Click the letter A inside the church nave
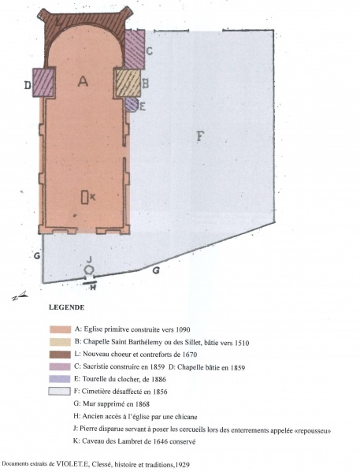[x=83, y=81]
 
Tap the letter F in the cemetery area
[x=200, y=136]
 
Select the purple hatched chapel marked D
[x=44, y=83]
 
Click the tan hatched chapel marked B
[x=128, y=84]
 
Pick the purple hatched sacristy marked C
[x=135, y=50]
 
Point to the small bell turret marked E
[x=132, y=105]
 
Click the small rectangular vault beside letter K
[x=84, y=197]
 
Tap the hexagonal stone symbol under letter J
[x=89, y=269]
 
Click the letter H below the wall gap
[x=93, y=288]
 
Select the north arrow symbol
[x=20, y=296]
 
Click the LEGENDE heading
[x=66, y=307]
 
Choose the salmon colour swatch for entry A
[x=60, y=329]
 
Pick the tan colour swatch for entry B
[x=60, y=342]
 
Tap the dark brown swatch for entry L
[x=60, y=355]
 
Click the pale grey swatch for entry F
[x=60, y=392]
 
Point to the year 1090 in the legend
[x=183, y=329]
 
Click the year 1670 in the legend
[x=190, y=355]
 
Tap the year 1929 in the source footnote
[x=183, y=465]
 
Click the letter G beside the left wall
[x=37, y=256]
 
